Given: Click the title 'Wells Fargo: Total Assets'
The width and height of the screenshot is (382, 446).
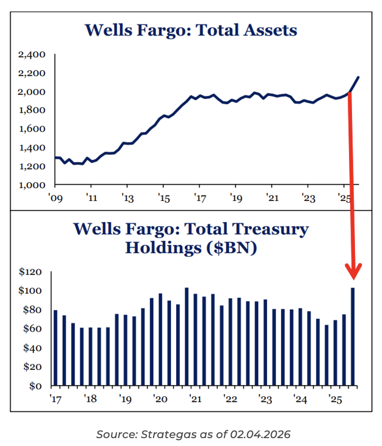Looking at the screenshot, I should (191, 30).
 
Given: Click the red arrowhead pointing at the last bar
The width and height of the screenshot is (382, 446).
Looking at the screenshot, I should (353, 272).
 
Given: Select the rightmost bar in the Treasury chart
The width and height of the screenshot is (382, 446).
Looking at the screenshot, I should (353, 336).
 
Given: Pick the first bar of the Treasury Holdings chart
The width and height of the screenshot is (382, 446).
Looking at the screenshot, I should (55, 347).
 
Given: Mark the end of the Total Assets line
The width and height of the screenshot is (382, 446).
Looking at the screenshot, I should (358, 77).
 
